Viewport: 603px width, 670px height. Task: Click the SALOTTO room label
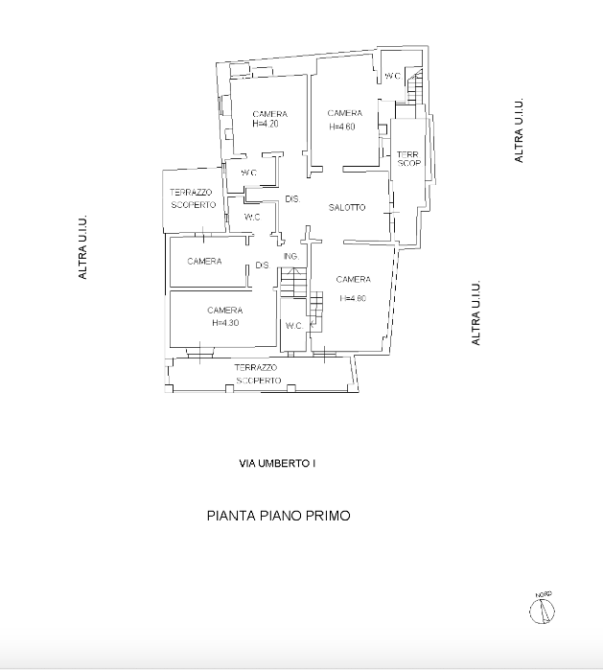347,208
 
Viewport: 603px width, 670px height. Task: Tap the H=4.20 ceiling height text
266,125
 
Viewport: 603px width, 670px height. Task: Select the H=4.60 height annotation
343,126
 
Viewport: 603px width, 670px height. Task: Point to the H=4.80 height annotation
353,298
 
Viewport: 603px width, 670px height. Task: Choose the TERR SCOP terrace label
409,158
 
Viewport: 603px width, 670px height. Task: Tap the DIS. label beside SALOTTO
293,199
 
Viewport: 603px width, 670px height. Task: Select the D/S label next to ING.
262,266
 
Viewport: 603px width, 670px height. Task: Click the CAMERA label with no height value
205,262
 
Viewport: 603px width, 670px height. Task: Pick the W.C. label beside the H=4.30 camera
293,326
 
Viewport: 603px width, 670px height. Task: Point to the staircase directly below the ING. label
291,285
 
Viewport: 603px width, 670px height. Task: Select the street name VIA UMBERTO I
277,464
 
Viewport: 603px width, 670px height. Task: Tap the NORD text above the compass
544,594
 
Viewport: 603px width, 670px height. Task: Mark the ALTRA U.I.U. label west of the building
83,247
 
